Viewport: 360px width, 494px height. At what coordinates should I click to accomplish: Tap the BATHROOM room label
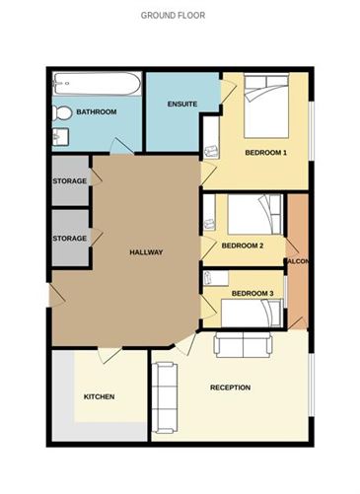(97, 112)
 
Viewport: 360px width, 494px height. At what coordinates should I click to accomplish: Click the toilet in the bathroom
(61, 112)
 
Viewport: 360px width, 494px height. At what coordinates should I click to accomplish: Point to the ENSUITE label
(182, 104)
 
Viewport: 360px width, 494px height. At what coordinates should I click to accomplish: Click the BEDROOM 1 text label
(265, 153)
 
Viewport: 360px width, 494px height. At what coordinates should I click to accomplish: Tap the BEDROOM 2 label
(242, 246)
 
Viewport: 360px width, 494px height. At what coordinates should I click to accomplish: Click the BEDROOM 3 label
(252, 294)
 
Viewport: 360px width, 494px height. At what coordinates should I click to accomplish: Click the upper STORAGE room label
(69, 181)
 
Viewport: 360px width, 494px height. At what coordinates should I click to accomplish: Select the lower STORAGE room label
(69, 238)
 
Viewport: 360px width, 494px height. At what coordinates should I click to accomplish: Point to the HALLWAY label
(146, 252)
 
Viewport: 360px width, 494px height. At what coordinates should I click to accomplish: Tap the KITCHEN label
(99, 396)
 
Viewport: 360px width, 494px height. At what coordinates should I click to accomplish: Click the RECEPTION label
(230, 388)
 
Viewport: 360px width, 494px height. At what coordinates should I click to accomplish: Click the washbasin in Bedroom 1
(211, 151)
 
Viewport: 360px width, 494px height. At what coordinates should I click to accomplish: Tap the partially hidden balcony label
(297, 261)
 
